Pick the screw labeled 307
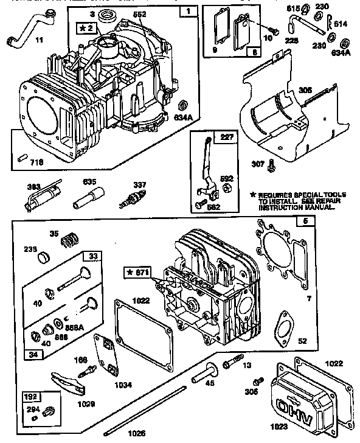(x=271, y=162)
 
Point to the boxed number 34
(x=30, y=354)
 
